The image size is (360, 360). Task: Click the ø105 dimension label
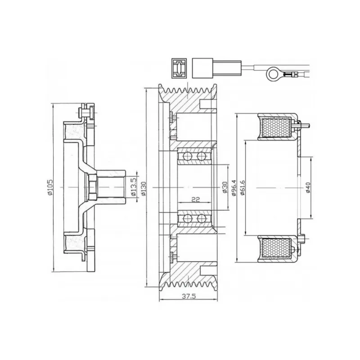[50, 187]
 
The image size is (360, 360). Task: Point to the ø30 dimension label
[225, 187]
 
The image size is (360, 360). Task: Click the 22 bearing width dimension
[195, 199]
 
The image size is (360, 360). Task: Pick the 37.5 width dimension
[189, 296]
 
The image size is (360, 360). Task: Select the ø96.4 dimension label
[234, 187]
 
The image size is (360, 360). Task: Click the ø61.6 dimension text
[243, 187]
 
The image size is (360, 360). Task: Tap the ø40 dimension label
[308, 188]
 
